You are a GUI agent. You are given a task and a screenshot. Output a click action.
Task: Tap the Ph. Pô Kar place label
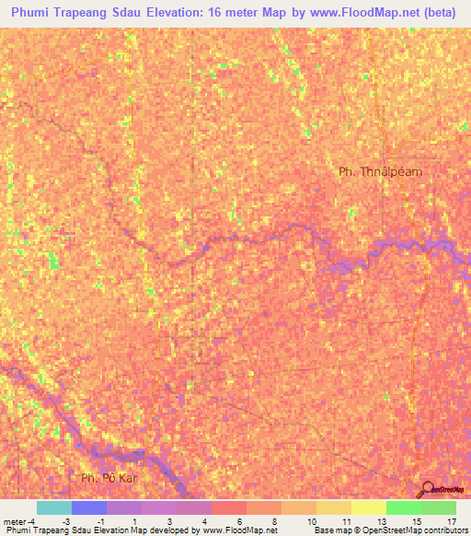pyautogui.click(x=109, y=477)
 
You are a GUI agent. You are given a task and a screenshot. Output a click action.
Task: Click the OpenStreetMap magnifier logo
pyautogui.click(x=428, y=489)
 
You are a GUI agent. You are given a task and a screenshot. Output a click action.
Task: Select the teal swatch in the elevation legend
pyautogui.click(x=53, y=507)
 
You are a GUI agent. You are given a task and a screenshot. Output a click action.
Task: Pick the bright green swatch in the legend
pyautogui.click(x=403, y=507)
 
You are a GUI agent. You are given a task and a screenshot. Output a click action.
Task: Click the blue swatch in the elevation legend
pyautogui.click(x=88, y=507)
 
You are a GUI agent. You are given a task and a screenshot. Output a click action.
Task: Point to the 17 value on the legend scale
pyautogui.click(x=451, y=520)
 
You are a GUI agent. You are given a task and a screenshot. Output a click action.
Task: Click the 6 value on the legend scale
pyautogui.click(x=239, y=520)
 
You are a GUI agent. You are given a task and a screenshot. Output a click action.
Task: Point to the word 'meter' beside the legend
pyautogui.click(x=15, y=520)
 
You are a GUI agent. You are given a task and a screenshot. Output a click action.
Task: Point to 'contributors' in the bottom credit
pyautogui.click(x=443, y=530)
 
